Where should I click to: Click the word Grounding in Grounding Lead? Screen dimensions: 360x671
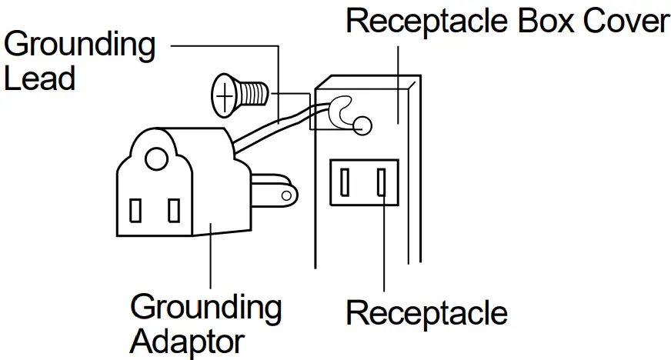(x=79, y=46)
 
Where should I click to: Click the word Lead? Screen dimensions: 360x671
(x=39, y=78)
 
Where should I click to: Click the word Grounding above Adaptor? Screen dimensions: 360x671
(x=205, y=307)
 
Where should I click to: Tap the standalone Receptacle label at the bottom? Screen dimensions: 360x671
(x=426, y=313)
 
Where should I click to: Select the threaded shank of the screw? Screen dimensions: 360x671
(x=253, y=95)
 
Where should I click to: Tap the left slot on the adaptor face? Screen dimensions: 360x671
(x=135, y=210)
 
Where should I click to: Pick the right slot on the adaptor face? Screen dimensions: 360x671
(x=174, y=210)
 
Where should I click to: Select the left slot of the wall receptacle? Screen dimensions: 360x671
(x=346, y=182)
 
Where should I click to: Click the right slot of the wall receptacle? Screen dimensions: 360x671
(x=380, y=182)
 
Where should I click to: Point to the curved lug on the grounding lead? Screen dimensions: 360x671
(x=339, y=112)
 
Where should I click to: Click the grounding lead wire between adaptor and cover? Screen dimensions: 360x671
(x=269, y=127)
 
